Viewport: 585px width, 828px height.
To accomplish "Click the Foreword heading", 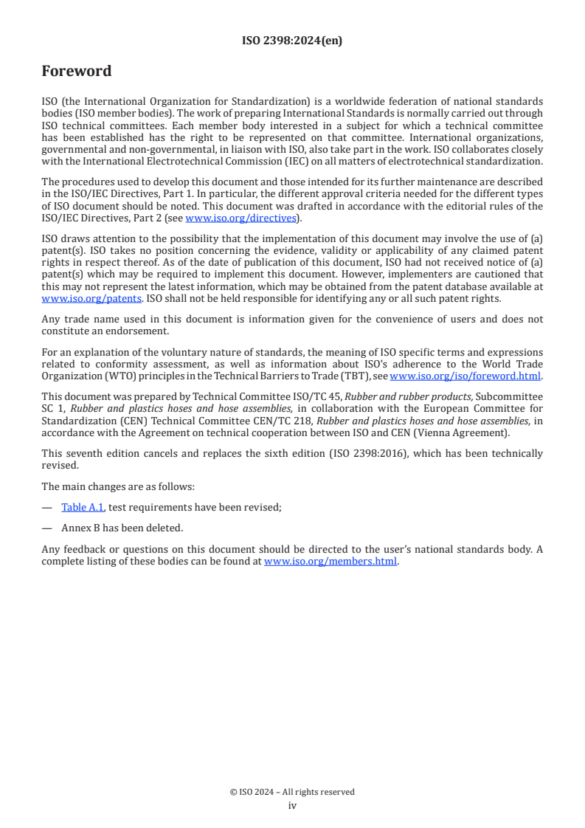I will coord(77,72).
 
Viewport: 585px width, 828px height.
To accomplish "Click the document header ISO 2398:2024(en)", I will coord(292,41).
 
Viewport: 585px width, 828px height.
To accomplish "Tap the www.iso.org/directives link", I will coord(240,218).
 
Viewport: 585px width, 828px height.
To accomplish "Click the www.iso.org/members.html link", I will coord(330,561).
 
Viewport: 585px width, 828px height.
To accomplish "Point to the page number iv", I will coord(292,806).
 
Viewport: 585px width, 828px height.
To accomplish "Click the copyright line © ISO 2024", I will coord(292,792).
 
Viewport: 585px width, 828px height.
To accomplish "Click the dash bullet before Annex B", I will coord(46,528).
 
